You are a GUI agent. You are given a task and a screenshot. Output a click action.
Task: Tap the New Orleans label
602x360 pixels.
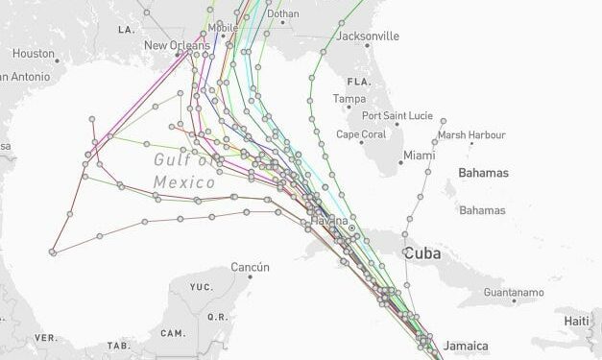[x=177, y=45]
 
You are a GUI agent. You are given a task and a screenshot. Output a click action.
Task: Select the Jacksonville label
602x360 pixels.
[x=368, y=36]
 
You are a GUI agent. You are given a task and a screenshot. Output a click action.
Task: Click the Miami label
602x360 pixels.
[x=419, y=155]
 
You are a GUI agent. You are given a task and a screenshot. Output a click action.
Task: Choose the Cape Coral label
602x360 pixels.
[x=361, y=134]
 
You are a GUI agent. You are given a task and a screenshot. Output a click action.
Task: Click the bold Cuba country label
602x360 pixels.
[x=422, y=253]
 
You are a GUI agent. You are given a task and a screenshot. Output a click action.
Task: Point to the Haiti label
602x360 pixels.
[x=576, y=320]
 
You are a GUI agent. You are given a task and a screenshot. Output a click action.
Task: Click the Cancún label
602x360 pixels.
[x=250, y=267]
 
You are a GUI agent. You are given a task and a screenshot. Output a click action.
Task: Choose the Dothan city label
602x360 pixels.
[x=283, y=14]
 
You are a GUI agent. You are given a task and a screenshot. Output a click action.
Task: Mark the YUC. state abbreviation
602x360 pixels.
[x=201, y=286]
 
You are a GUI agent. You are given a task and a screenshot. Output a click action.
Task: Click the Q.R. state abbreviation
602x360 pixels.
[x=217, y=316]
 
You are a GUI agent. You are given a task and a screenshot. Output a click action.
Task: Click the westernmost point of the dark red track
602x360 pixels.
[x=52, y=252]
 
